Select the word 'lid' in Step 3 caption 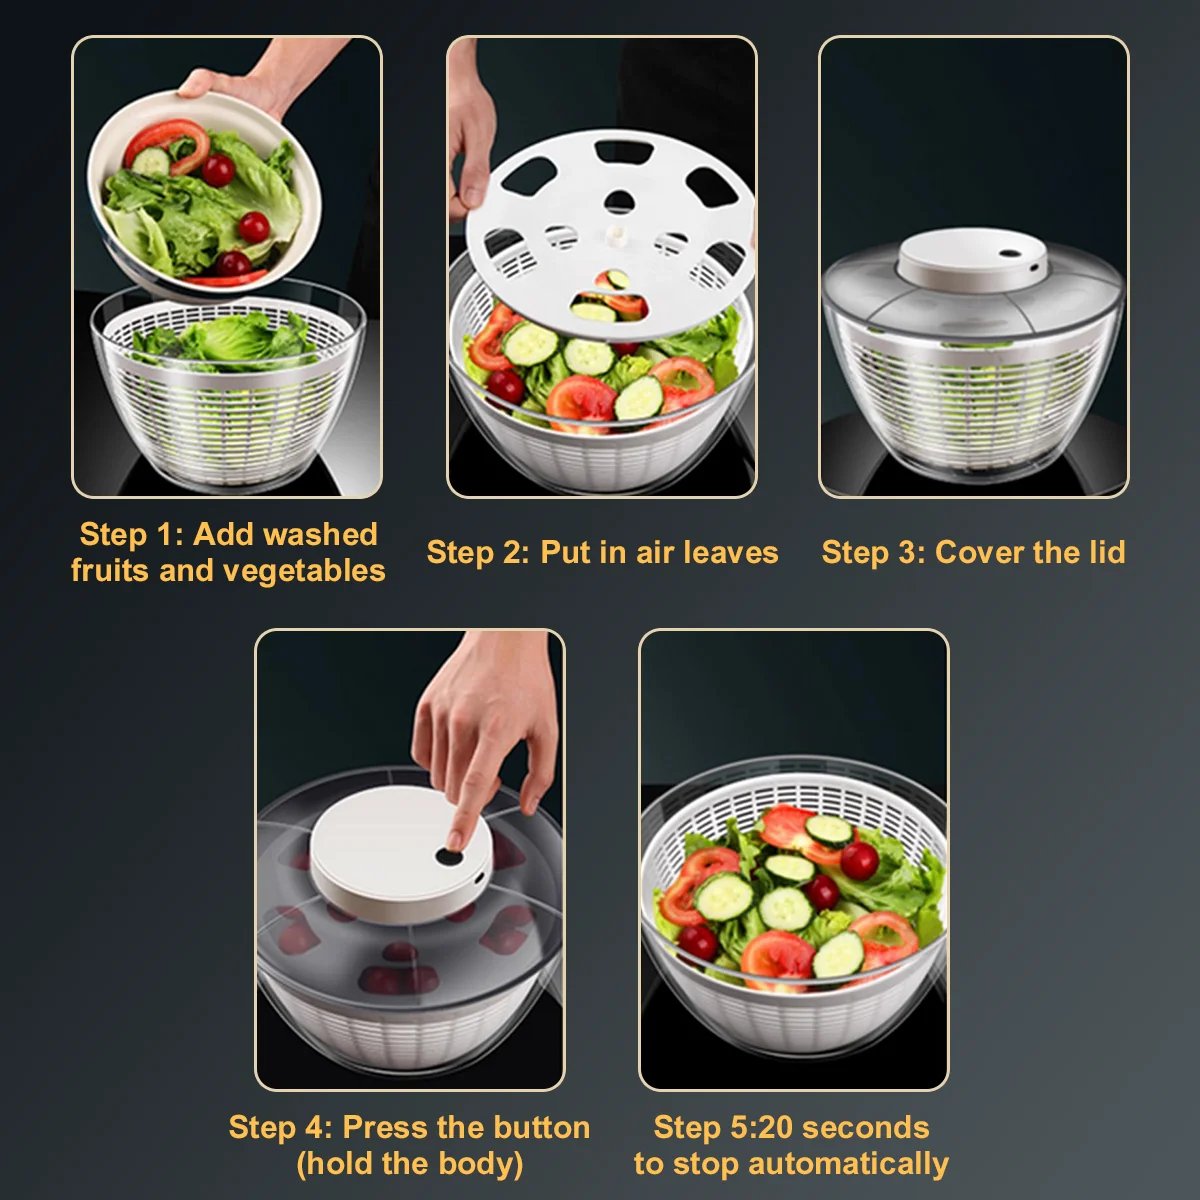tap(1106, 552)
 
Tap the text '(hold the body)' tap(409, 1164)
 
